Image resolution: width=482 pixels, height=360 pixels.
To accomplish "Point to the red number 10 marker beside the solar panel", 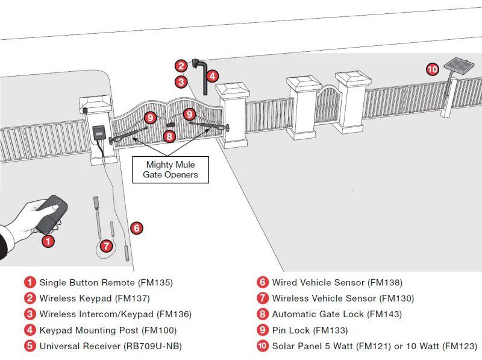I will (x=432, y=69).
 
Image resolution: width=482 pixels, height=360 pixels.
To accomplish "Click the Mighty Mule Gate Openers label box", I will (x=170, y=169).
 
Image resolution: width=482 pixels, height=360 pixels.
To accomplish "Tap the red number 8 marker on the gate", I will (x=170, y=136).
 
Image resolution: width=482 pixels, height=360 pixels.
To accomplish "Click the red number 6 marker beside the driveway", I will (x=137, y=228).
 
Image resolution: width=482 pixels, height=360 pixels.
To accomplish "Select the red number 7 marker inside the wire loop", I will (x=107, y=245).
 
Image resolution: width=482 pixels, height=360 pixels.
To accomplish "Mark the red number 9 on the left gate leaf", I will (x=151, y=117).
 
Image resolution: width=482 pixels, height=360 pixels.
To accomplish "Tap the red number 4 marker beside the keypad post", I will (x=212, y=76).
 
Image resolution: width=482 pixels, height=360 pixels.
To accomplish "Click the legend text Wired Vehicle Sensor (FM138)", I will (x=337, y=282).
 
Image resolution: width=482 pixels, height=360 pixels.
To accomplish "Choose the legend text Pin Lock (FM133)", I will (x=310, y=330).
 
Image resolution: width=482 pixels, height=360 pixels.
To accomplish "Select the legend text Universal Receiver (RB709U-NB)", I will (x=110, y=346).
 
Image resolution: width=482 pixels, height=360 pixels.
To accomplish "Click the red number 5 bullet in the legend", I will (x=30, y=346).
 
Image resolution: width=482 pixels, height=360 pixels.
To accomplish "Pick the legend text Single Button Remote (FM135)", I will (x=106, y=282).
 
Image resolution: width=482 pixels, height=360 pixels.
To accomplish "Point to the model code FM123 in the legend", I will (x=459, y=346).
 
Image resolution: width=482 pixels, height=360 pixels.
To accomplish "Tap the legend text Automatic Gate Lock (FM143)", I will (x=336, y=314).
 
